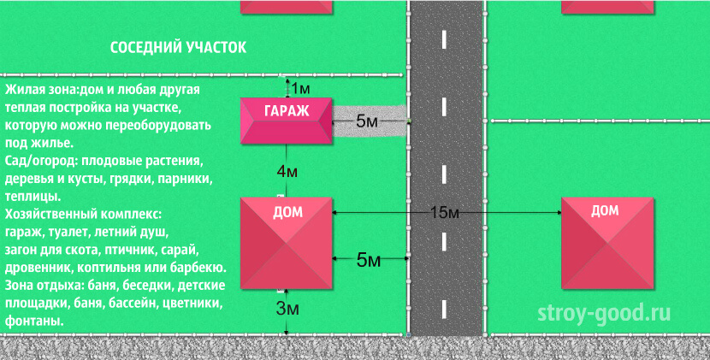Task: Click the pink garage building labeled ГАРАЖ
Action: click(x=287, y=121)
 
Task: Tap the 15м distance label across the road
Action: click(x=444, y=212)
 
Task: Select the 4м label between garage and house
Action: click(x=287, y=172)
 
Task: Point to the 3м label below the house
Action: click(x=287, y=309)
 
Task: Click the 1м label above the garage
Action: click(x=300, y=89)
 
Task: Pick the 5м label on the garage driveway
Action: click(x=367, y=121)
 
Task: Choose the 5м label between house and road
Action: click(x=368, y=259)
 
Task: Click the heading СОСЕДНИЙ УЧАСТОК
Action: click(x=179, y=48)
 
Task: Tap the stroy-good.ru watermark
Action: click(x=604, y=313)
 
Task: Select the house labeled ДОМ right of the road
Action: click(x=607, y=243)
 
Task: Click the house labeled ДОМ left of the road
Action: click(x=287, y=243)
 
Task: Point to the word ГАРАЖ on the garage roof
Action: click(x=287, y=110)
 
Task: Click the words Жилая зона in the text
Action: click(x=41, y=89)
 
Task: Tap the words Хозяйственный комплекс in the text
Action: click(x=83, y=214)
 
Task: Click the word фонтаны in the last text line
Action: click(x=34, y=322)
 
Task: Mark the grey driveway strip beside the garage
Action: click(x=370, y=121)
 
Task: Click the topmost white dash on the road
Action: click(x=444, y=39)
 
